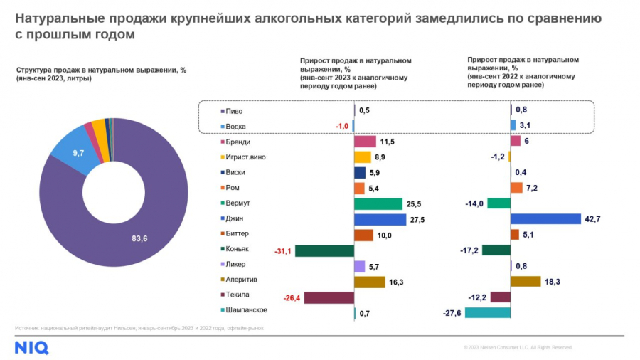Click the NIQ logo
32,347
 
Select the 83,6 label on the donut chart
139,239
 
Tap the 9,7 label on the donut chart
79,153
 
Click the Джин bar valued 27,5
379,220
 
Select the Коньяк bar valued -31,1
324,250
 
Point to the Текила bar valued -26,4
329,297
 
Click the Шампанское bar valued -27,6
488,313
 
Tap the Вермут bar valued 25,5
378,204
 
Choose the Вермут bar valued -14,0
499,203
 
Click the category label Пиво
234,111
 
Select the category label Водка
236,127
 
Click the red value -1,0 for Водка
342,126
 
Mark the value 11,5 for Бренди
388,142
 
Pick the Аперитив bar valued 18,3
526,282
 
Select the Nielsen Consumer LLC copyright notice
517,347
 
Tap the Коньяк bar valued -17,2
496,250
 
